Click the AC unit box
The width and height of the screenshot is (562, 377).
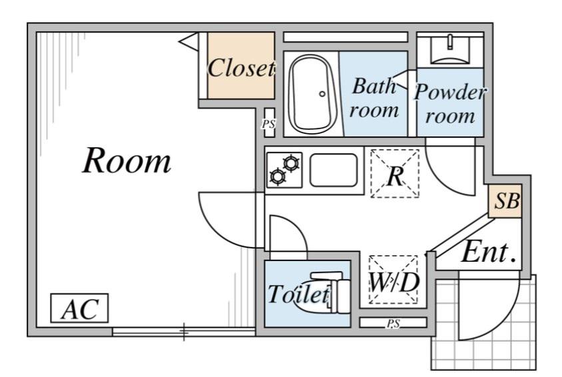tap(79, 308)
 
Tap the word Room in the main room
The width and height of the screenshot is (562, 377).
tap(127, 161)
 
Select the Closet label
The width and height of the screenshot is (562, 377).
tap(241, 68)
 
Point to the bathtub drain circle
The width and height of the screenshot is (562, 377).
tap(322, 94)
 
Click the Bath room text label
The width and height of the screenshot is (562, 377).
tap(374, 97)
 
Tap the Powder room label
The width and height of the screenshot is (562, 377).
tap(450, 103)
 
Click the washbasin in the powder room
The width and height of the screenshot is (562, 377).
tap(450, 49)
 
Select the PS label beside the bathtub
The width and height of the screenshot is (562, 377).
tap(268, 124)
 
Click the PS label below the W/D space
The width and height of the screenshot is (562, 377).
tap(393, 324)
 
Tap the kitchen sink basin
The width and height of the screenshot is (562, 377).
tap(334, 171)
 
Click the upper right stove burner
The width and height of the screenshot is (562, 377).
tap(291, 163)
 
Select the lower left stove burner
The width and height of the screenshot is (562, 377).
tap(278, 177)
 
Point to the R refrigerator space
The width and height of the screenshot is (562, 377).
tap(395, 174)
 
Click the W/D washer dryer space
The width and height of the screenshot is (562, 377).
tap(394, 280)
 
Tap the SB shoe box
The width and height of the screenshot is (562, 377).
tap(505, 200)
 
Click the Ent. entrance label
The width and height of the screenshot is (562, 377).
tap(489, 252)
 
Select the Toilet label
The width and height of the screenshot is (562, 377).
tap(298, 294)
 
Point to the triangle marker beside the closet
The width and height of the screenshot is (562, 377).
tap(190, 41)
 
